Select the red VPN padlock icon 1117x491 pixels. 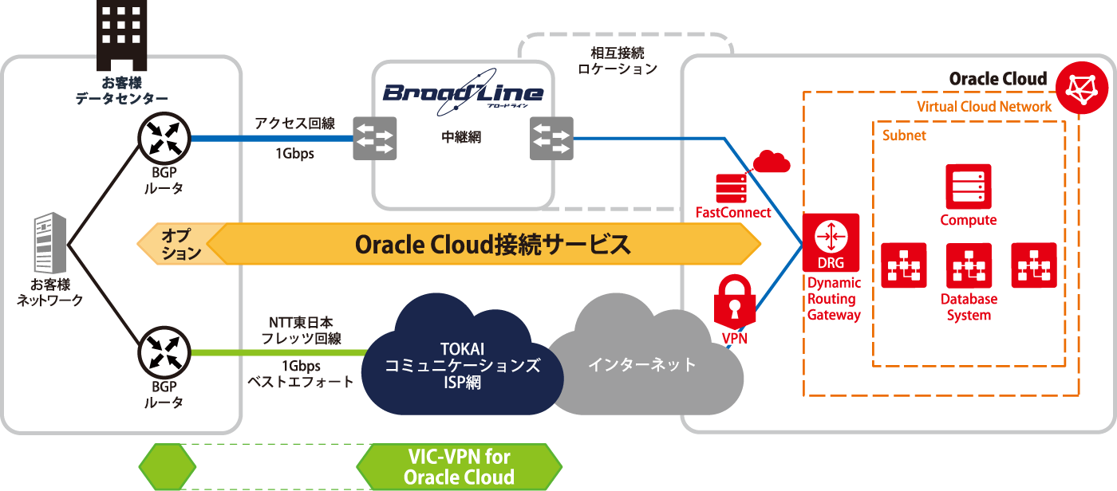coord(733,302)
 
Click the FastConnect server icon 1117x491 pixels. coord(731,187)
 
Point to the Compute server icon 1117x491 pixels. coord(968,187)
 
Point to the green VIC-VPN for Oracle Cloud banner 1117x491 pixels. coord(459,467)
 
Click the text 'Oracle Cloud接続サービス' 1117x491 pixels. coord(492,244)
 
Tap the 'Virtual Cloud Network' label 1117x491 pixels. coord(984,107)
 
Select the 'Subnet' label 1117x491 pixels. coord(904,136)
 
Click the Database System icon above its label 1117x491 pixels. coord(969,265)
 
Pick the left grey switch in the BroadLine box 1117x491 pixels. coord(374,138)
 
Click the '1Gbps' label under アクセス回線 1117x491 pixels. coord(294,154)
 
